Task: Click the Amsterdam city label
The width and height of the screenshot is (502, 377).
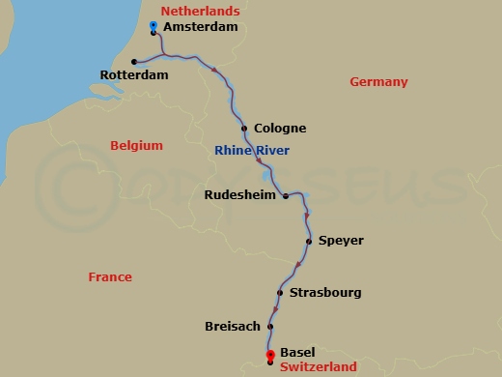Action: pyautogui.click(x=201, y=28)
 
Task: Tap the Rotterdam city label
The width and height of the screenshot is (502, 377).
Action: pyautogui.click(x=134, y=74)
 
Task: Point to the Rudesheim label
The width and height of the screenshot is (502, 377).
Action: pyautogui.click(x=239, y=195)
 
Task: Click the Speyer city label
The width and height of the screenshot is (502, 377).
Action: pyautogui.click(x=341, y=241)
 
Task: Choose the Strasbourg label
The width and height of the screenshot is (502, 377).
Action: pyautogui.click(x=325, y=292)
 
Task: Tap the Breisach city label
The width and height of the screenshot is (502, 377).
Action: pyautogui.click(x=233, y=327)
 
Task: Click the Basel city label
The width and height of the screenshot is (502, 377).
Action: pyautogui.click(x=298, y=354)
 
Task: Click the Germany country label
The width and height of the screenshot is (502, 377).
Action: pyautogui.click(x=378, y=82)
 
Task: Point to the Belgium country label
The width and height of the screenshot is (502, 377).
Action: pyautogui.click(x=136, y=146)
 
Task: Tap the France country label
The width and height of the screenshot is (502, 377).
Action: pyautogui.click(x=110, y=277)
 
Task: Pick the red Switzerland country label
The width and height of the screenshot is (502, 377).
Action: pyautogui.click(x=318, y=367)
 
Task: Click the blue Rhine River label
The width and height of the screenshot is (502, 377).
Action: pyautogui.click(x=252, y=150)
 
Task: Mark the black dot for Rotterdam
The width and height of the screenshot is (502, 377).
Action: pyautogui.click(x=133, y=60)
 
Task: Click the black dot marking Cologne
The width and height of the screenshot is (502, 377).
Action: pyautogui.click(x=244, y=129)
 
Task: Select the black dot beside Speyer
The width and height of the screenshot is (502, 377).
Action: pyautogui.click(x=308, y=241)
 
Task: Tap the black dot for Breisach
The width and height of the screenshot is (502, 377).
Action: pyautogui.click(x=269, y=327)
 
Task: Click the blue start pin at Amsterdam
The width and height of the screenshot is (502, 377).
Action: pyautogui.click(x=154, y=24)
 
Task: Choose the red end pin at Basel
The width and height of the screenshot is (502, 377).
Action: pyautogui.click(x=270, y=355)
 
